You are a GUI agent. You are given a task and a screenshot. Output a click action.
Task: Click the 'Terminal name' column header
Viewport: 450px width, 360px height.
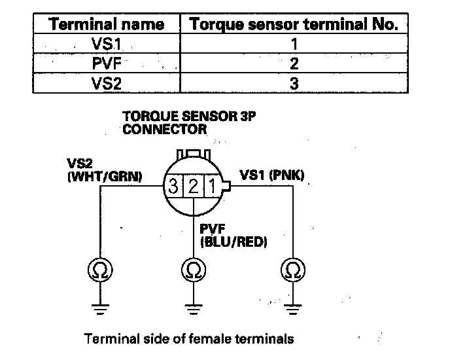107,25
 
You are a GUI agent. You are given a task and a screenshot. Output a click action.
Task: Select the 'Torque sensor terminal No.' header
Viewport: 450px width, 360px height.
293,25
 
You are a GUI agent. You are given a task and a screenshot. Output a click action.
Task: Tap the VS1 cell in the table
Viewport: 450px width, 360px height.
107,45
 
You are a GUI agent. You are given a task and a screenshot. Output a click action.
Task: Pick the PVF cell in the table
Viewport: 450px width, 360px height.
107,64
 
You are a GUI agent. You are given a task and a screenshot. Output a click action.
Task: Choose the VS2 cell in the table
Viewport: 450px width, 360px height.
107,83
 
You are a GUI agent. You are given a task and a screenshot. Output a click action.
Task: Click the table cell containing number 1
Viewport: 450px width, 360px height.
293,45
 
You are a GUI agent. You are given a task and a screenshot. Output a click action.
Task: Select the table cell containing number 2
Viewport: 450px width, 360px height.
293,64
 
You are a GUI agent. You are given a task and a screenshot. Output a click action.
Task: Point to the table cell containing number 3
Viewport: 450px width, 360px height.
293,83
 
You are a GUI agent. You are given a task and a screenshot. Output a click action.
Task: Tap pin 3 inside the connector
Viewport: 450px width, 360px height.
173,185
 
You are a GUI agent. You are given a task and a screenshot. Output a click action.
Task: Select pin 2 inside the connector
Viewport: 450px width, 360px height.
193,185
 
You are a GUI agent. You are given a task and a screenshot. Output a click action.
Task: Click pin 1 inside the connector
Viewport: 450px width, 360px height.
211,185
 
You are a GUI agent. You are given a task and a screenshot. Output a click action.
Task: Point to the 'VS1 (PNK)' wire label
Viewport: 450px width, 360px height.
272,175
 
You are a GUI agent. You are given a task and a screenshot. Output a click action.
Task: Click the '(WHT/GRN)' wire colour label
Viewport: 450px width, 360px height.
105,176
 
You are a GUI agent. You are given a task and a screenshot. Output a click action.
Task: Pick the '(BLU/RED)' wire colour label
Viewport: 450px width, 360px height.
233,243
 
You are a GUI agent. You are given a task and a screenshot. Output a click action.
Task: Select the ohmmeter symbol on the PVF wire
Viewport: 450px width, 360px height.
193,269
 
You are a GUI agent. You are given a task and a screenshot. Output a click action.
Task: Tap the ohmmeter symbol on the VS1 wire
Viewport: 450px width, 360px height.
290,269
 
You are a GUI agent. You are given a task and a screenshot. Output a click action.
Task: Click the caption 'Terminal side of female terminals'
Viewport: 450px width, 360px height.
189,339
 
